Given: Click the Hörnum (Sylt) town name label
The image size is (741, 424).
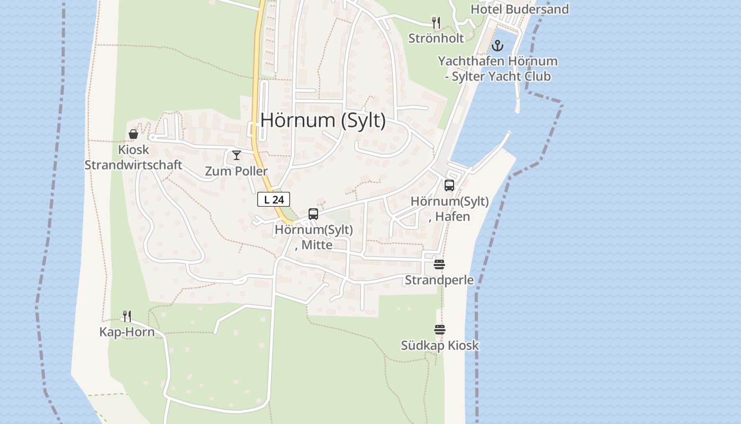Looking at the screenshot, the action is pos(323,121).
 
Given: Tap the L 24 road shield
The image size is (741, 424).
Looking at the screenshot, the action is pos(274,200).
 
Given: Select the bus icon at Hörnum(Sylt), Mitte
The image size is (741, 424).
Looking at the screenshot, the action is pos(313,214).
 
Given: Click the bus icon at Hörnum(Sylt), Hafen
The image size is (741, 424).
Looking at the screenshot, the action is pos(449,185).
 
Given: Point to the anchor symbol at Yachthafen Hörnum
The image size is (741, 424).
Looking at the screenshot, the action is pos(497,46).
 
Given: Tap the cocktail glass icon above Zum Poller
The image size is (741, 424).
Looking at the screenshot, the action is pos(237,155).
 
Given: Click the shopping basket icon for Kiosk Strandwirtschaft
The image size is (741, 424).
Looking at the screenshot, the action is pos(133,135).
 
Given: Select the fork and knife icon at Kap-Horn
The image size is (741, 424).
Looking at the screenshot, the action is pos(127,316).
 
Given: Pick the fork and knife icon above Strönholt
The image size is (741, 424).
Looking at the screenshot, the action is pos(436,23).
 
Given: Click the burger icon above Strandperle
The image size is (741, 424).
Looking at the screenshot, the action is pos(439,264).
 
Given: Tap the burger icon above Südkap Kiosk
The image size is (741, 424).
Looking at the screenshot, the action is pos(440,330).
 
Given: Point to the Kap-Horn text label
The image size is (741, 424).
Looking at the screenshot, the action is pos(127,332).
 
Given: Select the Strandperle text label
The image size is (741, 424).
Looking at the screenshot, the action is pos(439,280).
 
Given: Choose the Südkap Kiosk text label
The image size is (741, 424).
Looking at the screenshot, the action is pos(440,346).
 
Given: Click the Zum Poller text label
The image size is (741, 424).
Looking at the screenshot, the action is pos(237,171).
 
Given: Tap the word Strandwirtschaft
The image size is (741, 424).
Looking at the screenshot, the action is pos(133,165).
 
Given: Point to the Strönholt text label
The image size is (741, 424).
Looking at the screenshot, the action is pos(436,38).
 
